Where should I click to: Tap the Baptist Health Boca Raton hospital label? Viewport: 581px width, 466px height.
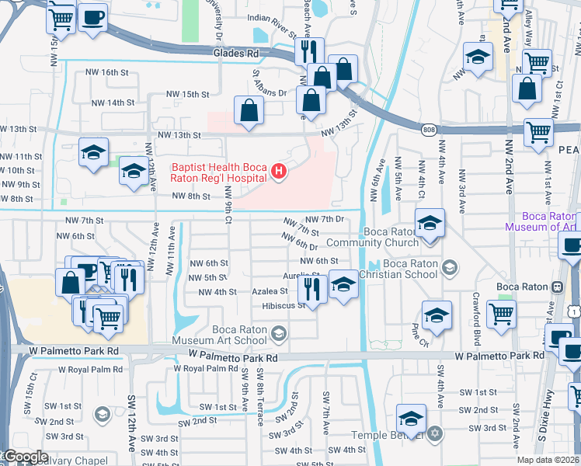219,172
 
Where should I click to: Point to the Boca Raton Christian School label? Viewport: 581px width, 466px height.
410,269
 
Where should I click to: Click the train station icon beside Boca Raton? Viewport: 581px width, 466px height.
557,287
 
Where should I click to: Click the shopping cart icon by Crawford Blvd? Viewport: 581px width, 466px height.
501,314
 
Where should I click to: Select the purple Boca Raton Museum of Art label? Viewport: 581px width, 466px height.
541,221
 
